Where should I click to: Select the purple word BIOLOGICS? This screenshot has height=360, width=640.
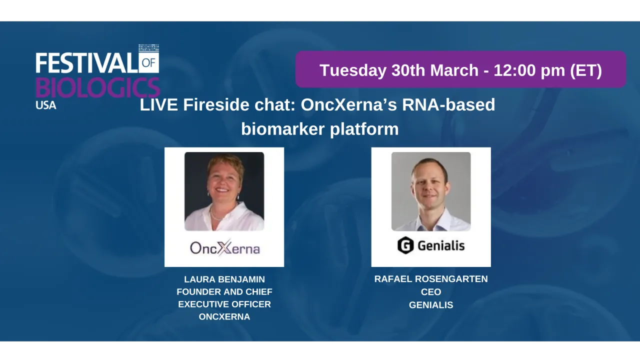[x=97, y=87]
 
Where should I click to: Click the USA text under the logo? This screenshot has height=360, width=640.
[x=46, y=105]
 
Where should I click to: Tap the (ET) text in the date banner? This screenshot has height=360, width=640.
[x=586, y=70]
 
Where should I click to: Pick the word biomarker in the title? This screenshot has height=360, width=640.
[x=283, y=129]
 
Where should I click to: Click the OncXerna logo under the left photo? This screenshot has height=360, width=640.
[x=224, y=248]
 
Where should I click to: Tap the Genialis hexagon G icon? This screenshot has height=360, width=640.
[x=405, y=245]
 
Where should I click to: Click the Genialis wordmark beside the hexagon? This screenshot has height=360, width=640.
[x=441, y=245]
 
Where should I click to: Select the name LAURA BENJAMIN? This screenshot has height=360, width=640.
[x=224, y=279]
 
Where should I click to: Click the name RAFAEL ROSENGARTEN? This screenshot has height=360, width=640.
[x=431, y=279]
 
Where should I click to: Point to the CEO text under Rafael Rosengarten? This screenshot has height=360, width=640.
[x=431, y=292]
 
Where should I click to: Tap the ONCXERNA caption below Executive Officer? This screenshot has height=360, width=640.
[x=224, y=316]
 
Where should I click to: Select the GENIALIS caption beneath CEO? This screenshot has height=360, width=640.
[x=431, y=305]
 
